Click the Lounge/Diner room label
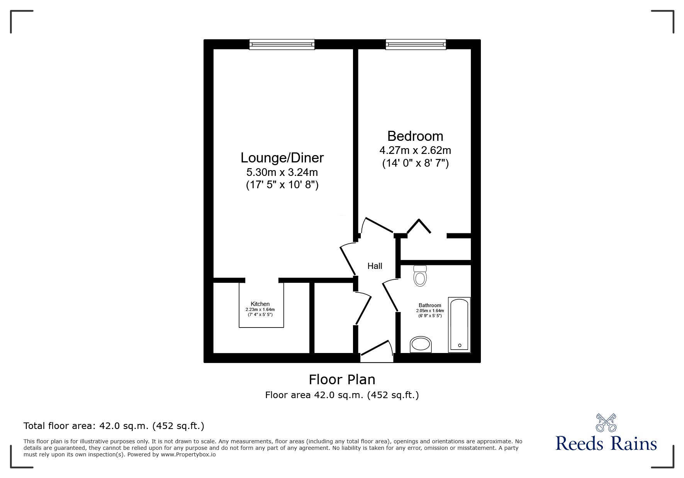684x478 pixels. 282,158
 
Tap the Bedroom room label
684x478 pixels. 415,136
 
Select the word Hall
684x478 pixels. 375,266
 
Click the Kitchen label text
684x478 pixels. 260,304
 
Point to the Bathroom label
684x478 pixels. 429,305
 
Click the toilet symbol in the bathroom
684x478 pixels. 420,275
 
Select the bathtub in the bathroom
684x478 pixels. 459,324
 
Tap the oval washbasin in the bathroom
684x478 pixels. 421,344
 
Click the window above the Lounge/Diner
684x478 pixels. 282,44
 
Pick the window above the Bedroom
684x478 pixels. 416,44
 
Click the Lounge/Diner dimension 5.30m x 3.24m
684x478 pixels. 282,172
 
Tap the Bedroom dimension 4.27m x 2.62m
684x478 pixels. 415,150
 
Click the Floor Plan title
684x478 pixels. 342,380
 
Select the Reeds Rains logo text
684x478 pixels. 606,444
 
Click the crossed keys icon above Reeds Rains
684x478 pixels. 606,422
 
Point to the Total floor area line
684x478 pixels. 114,426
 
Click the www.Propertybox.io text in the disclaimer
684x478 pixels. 188,454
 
